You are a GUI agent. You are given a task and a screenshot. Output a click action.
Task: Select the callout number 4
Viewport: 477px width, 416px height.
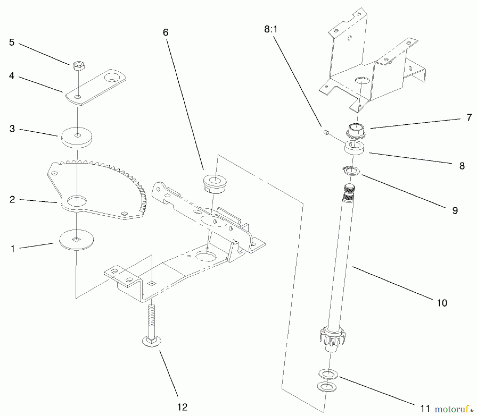(12, 76)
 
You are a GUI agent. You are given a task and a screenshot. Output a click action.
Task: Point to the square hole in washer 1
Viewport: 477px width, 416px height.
(77, 239)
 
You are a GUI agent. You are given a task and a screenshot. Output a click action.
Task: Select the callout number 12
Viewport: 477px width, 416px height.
(182, 407)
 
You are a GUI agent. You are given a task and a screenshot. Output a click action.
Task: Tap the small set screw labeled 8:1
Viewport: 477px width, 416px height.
(326, 132)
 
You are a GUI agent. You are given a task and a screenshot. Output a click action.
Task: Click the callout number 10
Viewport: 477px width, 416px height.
(442, 303)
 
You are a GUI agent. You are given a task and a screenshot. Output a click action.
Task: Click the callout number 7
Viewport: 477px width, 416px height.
(469, 117)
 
